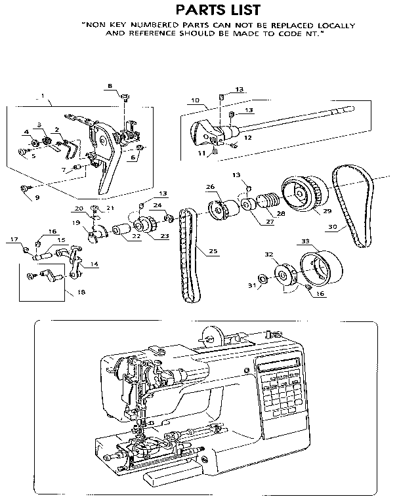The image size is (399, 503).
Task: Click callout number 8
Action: (110, 86)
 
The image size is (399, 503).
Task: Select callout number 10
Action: (196, 100)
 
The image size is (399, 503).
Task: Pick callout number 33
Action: (305, 242)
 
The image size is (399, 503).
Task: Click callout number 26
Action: (211, 187)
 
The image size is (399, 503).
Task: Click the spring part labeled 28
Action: (266, 198)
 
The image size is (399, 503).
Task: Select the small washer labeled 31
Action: (261, 279)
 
